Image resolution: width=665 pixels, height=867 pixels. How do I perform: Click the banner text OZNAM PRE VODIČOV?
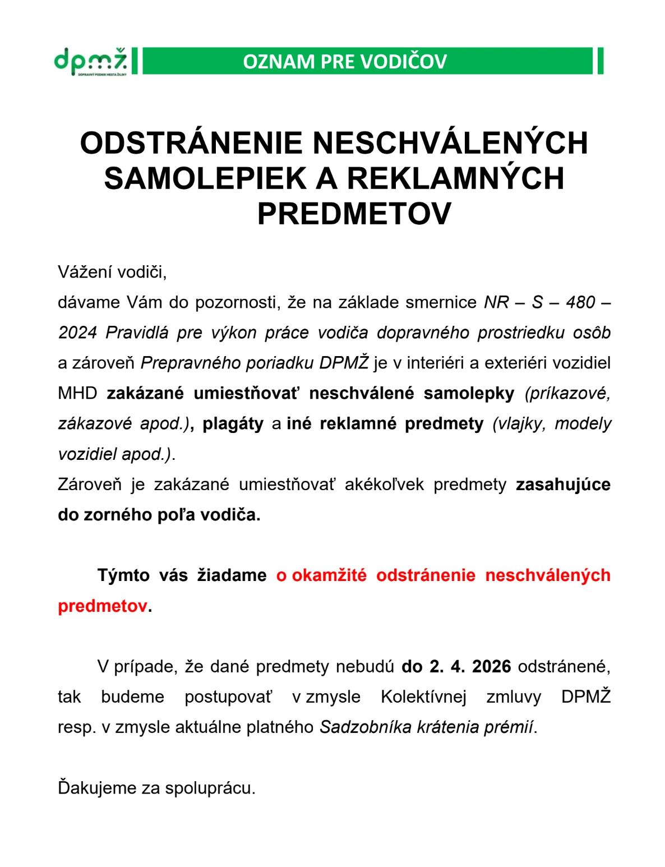pos(344,62)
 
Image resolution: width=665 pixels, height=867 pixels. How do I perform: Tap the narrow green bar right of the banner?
pos(600,61)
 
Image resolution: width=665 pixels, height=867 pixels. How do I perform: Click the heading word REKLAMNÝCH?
pos(455,178)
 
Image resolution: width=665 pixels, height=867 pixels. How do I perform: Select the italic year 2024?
pos(77,333)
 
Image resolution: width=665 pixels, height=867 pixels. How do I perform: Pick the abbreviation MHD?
pos(77,394)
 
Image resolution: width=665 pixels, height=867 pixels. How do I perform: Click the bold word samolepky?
pos(469,394)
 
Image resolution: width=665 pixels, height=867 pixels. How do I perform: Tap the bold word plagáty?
pos(233,424)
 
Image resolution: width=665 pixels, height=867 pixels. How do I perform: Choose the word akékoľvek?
pos(384,485)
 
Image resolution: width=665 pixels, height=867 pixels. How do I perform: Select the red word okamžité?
pos(329,575)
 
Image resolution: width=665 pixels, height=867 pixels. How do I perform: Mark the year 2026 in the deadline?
pos(491,667)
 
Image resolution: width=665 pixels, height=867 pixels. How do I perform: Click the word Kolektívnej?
pos(423,697)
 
